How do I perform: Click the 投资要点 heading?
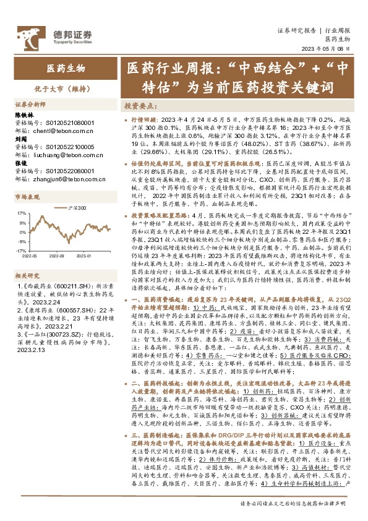click(139, 106)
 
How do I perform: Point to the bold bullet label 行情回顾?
click(143, 118)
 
